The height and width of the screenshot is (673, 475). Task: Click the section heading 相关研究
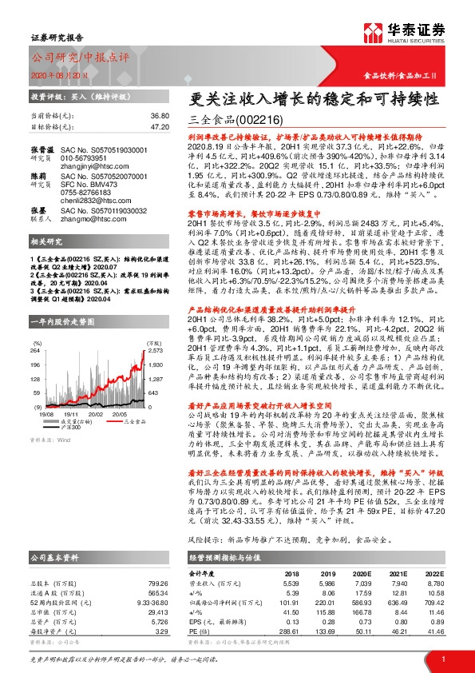[x=46, y=263]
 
